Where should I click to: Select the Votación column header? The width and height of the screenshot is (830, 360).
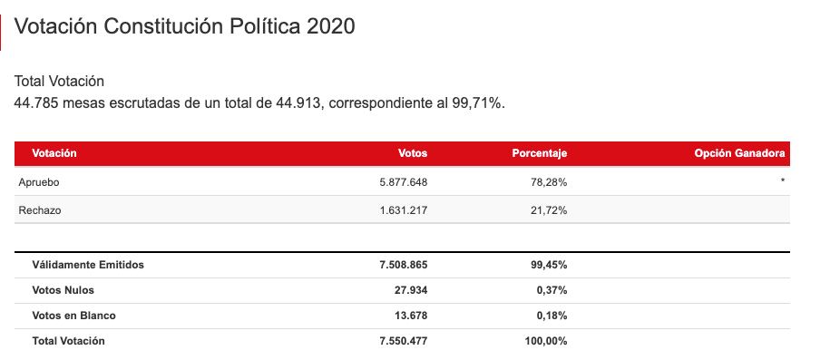pos(54,153)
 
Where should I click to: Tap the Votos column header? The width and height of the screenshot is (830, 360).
pos(413,153)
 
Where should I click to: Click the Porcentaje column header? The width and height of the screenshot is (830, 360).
pos(540,153)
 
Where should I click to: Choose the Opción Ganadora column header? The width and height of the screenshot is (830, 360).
pos(739,153)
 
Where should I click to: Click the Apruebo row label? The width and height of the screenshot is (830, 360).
pos(39,182)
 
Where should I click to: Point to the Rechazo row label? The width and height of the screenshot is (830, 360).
pos(40,210)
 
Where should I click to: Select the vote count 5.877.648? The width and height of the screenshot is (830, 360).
pos(404,182)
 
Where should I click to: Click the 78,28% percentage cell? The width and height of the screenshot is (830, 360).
pos(550,182)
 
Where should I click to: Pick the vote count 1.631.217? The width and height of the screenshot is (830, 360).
pos(404,210)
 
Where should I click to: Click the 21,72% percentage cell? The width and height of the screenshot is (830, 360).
pos(550,210)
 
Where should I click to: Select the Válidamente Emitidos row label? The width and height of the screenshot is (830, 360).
pos(88,265)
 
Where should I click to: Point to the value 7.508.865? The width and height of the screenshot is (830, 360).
pos(404,265)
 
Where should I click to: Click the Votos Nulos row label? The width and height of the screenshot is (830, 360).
pos(63,290)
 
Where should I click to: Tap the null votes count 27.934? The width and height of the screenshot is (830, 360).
pos(410,290)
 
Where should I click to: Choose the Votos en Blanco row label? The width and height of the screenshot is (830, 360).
pos(73,316)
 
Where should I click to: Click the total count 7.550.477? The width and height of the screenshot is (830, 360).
pos(404,341)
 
